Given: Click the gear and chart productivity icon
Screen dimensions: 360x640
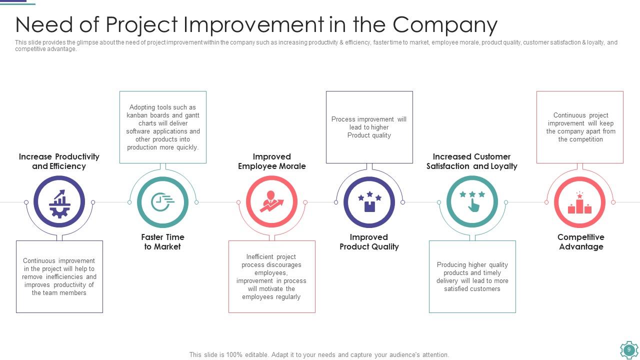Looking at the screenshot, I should pos(59,202).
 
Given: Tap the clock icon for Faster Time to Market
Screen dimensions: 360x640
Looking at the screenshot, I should pos(162,202).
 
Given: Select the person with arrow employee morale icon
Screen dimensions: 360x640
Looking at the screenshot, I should pos(272,202).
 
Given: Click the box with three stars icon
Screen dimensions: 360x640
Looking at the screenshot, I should pos(369,202).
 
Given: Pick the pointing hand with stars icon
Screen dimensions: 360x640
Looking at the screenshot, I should pos(472,202).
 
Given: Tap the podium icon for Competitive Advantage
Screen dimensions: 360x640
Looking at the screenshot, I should pos(580,202).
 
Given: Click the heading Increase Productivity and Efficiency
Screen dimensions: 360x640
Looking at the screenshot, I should pos(59,161).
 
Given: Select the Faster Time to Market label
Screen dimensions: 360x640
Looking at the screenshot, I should pos(162,242).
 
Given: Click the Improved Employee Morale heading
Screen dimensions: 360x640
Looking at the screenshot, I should pos(272,161).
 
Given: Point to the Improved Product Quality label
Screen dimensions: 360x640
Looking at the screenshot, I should pos(369,242).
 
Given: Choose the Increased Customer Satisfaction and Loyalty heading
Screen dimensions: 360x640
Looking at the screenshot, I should pos(471,161).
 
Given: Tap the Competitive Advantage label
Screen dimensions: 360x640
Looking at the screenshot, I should pos(580,242).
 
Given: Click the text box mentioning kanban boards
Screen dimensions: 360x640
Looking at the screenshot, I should pos(163,127).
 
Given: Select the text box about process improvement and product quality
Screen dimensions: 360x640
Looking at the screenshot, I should pos(369,127).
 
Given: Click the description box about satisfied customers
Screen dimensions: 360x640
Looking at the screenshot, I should pos(472,276).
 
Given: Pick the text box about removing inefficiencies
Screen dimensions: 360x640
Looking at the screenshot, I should pos(59,276).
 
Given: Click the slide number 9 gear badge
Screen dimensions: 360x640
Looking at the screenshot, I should pos(628,350).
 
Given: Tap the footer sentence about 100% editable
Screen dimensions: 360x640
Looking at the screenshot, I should pos(319,354).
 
